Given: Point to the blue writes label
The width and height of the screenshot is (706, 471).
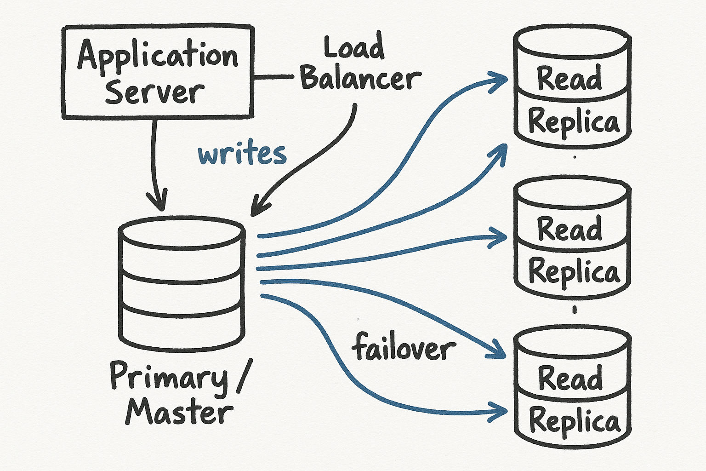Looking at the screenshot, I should (242, 154).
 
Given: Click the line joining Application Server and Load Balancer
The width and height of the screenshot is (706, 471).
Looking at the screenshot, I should (273, 77).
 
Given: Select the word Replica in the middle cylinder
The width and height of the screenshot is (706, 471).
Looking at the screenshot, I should (574, 271).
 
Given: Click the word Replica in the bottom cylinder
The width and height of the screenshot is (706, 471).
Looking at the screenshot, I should (575, 421).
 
